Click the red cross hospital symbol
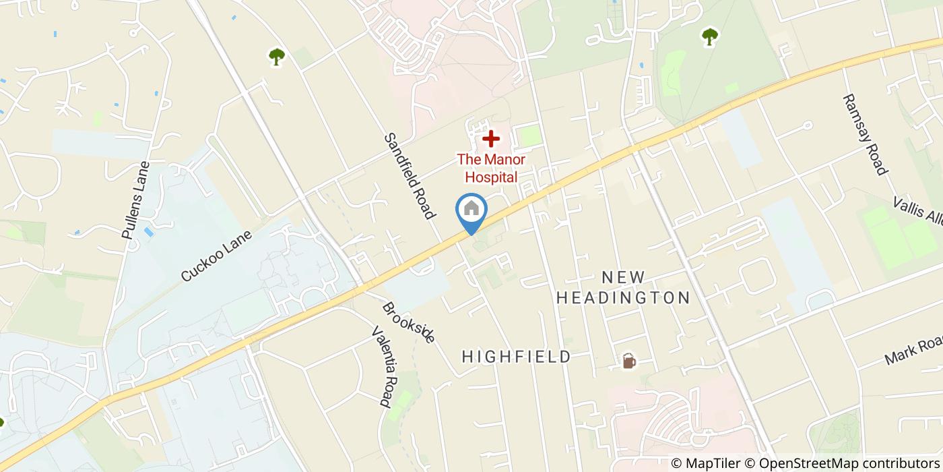pyautogui.click(x=491, y=139)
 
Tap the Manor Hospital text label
pyautogui.click(x=491, y=169)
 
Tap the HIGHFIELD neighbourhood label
pyautogui.click(x=517, y=357)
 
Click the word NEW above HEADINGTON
pyautogui.click(x=623, y=277)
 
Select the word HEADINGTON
pyautogui.click(x=623, y=297)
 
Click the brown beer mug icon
pyautogui.click(x=628, y=361)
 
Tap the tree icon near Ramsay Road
pyautogui.click(x=709, y=36)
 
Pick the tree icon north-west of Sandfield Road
pyautogui.click(x=276, y=57)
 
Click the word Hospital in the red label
pyautogui.click(x=491, y=177)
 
